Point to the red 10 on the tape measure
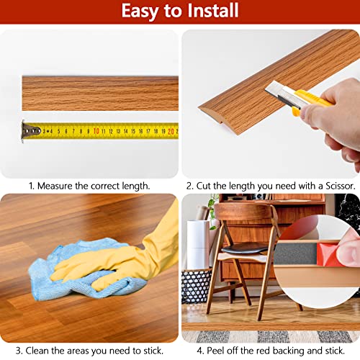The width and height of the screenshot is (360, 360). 96,131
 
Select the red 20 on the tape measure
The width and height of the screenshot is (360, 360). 171,131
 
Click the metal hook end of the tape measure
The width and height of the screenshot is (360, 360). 30,130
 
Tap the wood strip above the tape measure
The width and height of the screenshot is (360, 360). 100,94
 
